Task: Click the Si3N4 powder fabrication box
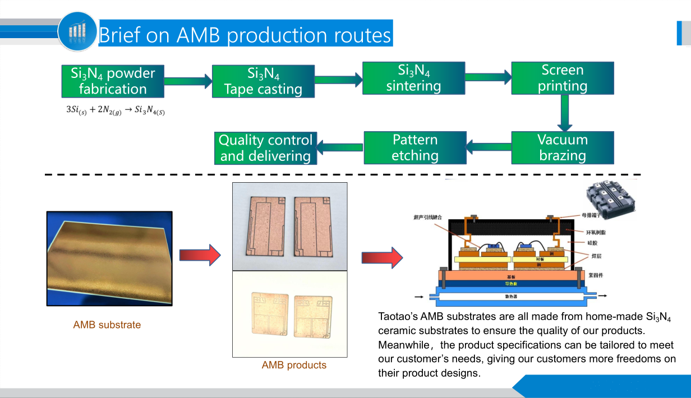[x=113, y=81]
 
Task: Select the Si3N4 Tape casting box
[x=263, y=82]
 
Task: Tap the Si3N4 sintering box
[x=413, y=78]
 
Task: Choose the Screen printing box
[x=563, y=78]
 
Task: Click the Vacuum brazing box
[x=563, y=147]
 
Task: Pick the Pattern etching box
[x=415, y=147]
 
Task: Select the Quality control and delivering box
[x=266, y=148]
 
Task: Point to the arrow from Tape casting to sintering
[x=338, y=79]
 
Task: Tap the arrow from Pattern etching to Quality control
[x=340, y=148]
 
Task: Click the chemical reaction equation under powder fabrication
[x=116, y=109]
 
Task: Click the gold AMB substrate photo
[x=109, y=260]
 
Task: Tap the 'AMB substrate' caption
[x=107, y=325]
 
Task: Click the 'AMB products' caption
[x=294, y=365]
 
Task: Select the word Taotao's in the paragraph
[x=398, y=317]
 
